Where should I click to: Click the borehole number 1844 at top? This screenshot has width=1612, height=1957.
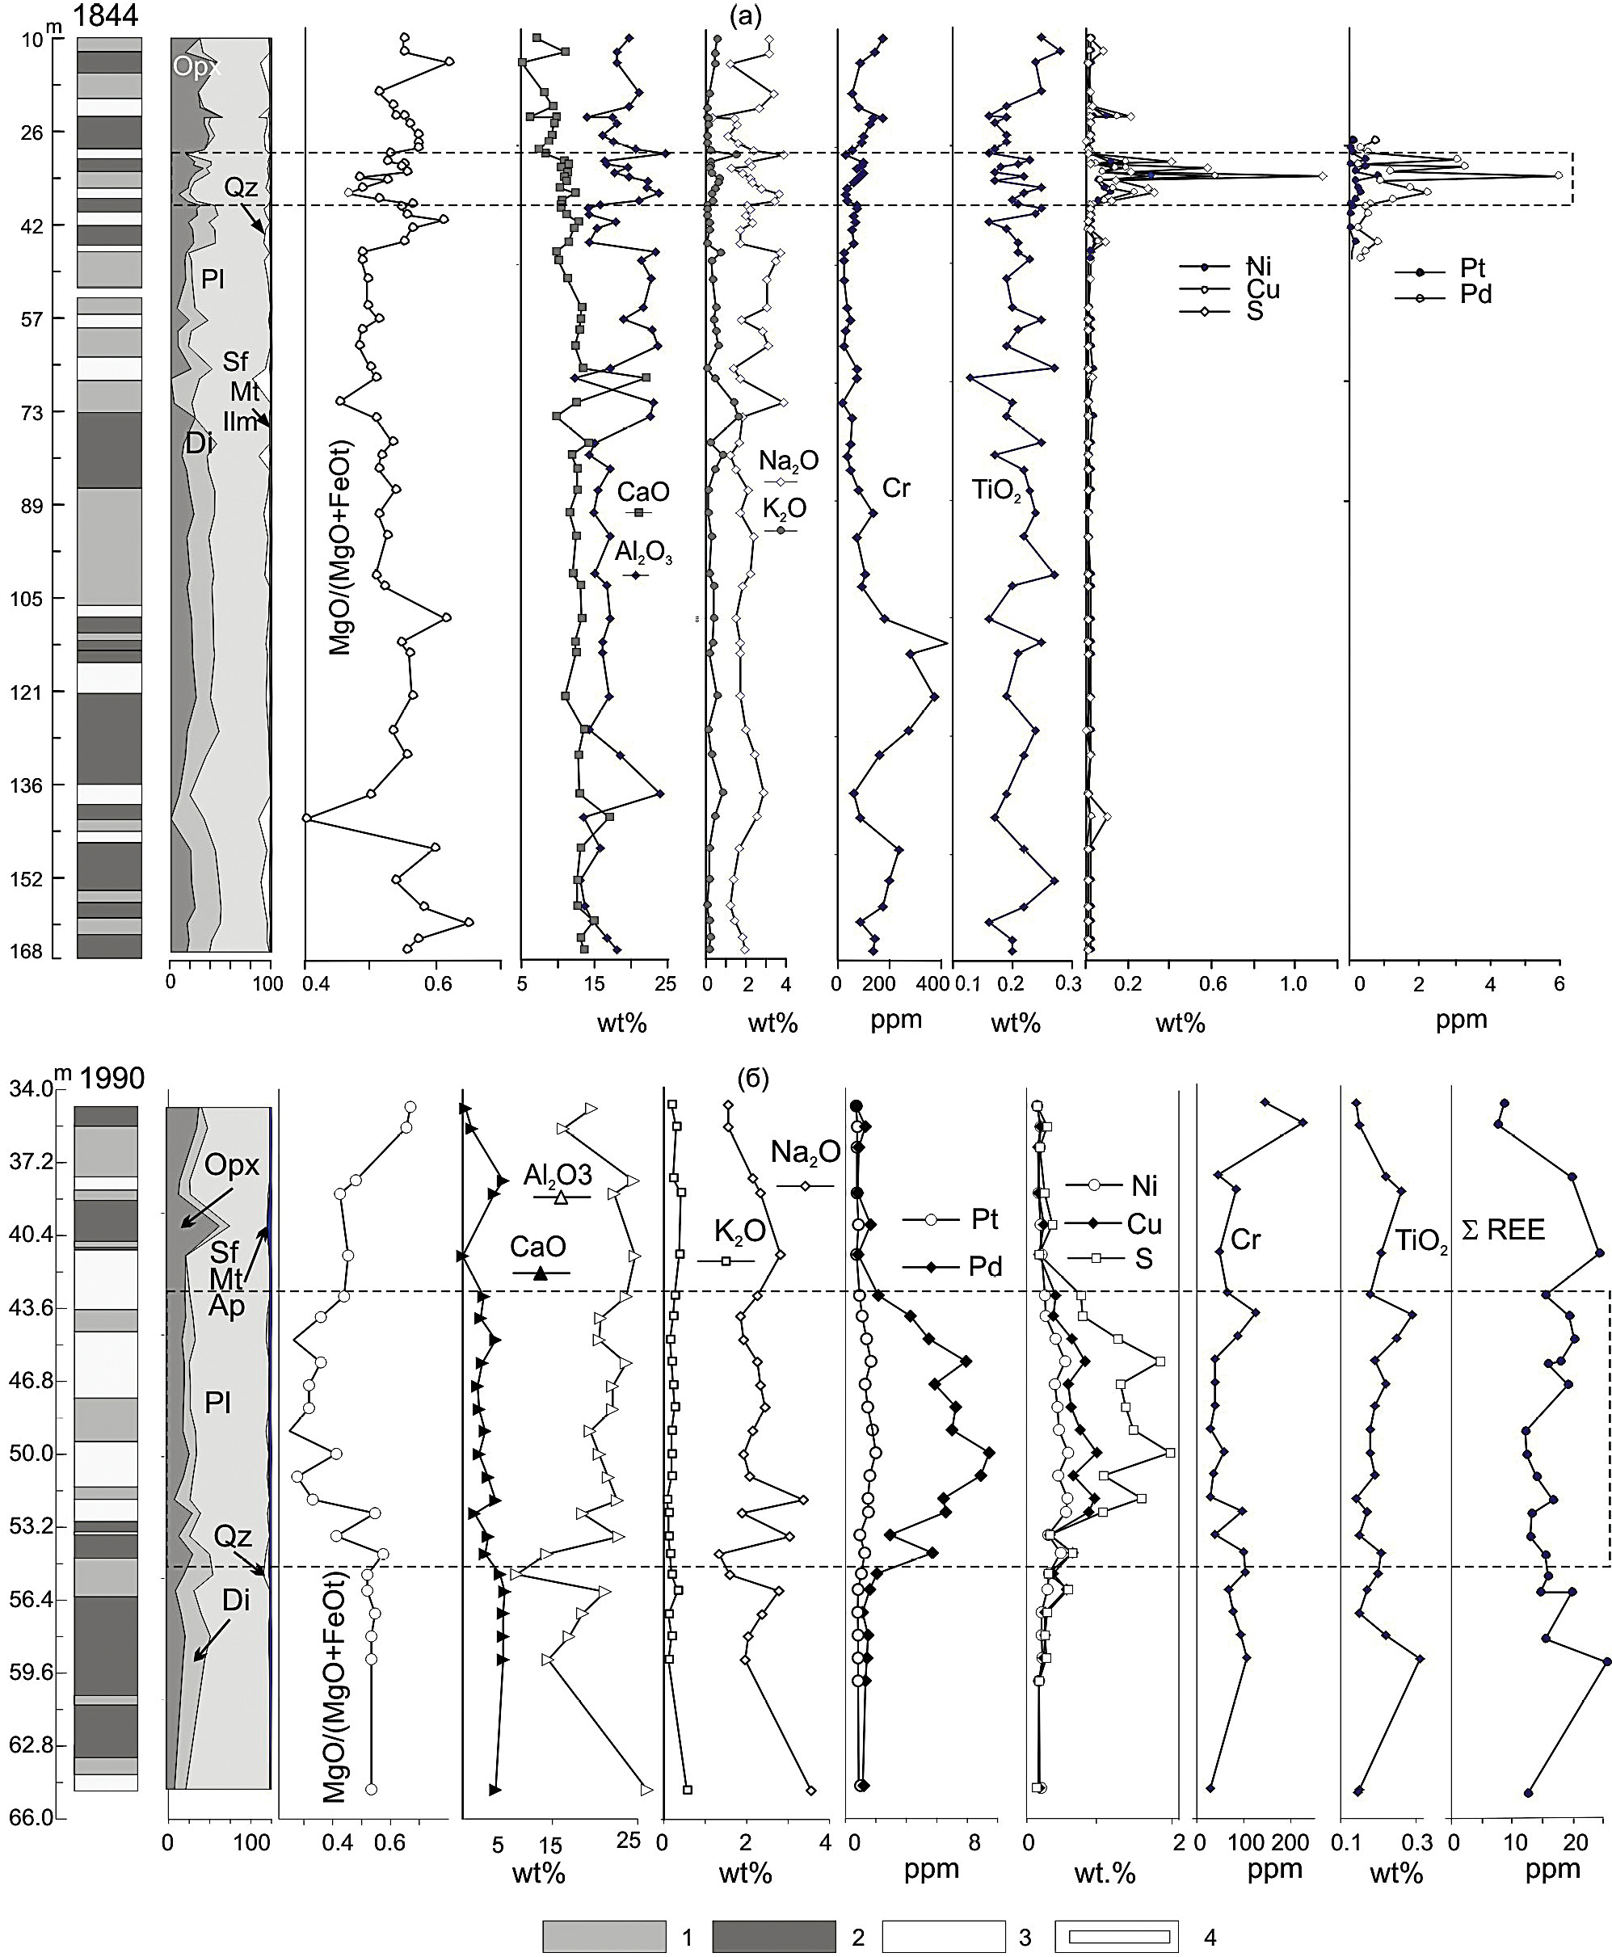click(x=107, y=16)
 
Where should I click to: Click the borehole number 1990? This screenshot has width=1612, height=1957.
click(x=112, y=1078)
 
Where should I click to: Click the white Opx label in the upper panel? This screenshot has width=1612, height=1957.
click(x=196, y=68)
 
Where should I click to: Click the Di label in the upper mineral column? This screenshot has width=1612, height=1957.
click(x=199, y=443)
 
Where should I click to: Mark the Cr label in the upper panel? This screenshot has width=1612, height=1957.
click(x=896, y=487)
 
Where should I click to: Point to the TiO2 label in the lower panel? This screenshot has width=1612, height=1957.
click(x=1421, y=1241)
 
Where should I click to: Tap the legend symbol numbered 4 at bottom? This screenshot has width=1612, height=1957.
click(x=1116, y=1936)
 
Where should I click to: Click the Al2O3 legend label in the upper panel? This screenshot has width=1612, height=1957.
click(x=643, y=553)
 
